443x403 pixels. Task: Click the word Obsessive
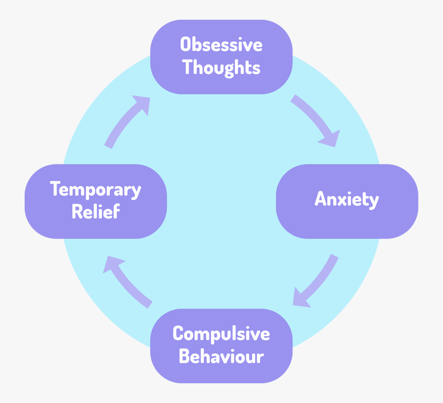(x=221, y=45)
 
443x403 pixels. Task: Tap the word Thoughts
(x=221, y=67)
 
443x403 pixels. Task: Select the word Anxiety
(x=347, y=200)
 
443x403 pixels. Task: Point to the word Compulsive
(x=221, y=334)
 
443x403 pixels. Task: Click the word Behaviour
(x=221, y=356)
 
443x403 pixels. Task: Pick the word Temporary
(x=95, y=190)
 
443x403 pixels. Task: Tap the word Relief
(x=95, y=212)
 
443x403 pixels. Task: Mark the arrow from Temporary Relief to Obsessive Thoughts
(x=126, y=121)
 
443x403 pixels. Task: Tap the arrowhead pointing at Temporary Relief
(x=111, y=264)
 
